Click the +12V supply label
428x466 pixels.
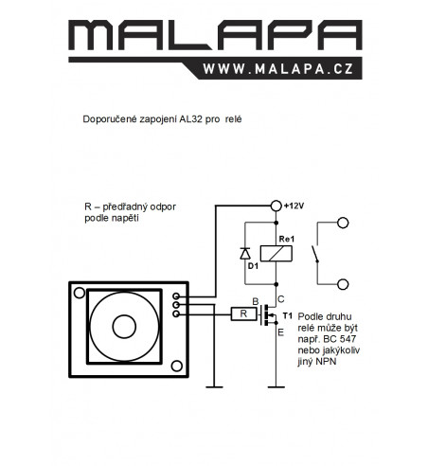(294, 206)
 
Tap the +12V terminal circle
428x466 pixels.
(276, 206)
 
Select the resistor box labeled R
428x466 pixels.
(243, 314)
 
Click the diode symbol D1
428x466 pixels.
(245, 253)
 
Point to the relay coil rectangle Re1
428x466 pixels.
(276, 254)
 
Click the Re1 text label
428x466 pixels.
(287, 239)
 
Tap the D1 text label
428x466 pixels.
(253, 266)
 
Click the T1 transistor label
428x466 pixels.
(288, 315)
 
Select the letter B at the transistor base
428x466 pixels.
(256, 302)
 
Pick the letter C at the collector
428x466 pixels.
(281, 299)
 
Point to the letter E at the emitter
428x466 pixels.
(280, 332)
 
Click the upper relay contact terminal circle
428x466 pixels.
(343, 223)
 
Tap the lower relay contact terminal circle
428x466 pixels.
(343, 284)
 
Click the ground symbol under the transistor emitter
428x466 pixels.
(276, 386)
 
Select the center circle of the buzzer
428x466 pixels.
(124, 327)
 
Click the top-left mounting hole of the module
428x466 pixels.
(80, 293)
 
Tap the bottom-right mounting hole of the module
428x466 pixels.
(177, 366)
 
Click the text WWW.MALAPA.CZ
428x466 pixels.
(278, 69)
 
